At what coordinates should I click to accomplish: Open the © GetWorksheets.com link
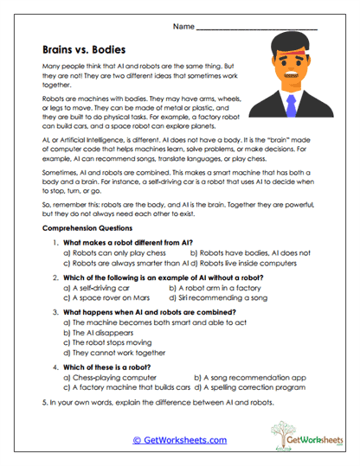[x=179, y=440]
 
